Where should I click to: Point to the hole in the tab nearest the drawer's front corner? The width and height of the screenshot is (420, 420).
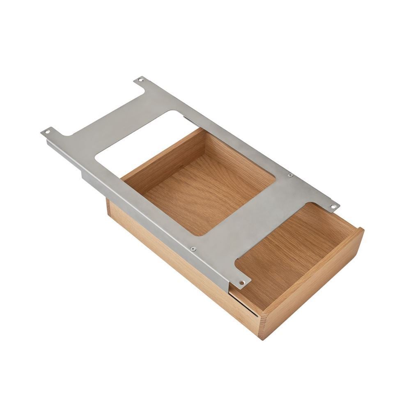tap(242, 282)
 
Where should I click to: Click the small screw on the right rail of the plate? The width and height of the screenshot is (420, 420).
tap(290, 175)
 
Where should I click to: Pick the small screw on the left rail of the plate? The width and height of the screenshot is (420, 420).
tap(192, 248)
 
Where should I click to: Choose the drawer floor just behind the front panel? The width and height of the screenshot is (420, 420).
tap(287, 250)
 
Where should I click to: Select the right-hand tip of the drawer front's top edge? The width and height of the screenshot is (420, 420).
tap(361, 229)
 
